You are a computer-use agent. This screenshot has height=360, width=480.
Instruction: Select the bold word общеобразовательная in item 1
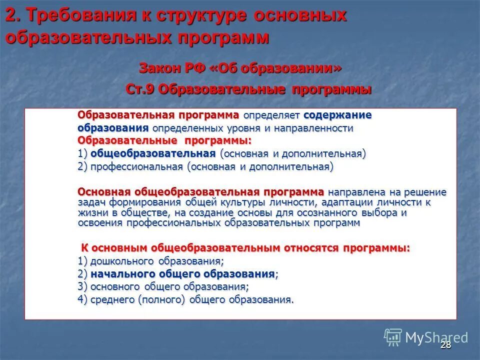(153, 153)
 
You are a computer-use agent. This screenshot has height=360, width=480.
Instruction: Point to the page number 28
(445, 344)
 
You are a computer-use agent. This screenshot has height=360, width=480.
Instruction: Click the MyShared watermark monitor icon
(393, 336)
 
